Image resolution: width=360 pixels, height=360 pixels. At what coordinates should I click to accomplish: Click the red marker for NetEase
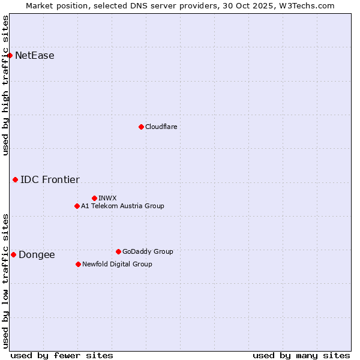10,56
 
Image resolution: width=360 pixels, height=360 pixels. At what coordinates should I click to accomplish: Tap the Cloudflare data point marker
141,127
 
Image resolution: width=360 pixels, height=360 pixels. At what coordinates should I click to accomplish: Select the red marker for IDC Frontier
15,179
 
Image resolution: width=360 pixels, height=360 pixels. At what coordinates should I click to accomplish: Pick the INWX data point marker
94,198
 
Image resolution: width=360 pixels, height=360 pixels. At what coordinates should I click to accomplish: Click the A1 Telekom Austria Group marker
77,206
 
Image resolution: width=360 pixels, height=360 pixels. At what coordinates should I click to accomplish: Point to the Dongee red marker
13,254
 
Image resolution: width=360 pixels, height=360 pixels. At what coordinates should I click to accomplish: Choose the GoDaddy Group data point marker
118,251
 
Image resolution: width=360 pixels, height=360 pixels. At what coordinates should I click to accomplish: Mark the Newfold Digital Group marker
78,264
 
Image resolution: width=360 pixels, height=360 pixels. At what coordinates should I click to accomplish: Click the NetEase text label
35,56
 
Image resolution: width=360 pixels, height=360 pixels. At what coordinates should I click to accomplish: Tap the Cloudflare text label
161,127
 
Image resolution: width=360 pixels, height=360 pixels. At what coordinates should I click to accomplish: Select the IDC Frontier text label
50,179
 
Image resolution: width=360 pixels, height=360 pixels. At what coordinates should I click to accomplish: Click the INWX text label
108,198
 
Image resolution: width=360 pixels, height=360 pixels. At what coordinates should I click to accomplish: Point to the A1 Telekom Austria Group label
122,206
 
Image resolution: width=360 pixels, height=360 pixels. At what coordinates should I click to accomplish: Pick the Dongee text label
37,254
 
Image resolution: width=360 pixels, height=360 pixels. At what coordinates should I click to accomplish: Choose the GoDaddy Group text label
148,251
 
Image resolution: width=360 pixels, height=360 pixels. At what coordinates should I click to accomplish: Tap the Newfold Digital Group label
117,264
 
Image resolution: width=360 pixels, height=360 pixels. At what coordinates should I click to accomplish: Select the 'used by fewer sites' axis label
62,355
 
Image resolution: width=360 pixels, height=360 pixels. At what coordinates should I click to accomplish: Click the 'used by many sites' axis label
301,355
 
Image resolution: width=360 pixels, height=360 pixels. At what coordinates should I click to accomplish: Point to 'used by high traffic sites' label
5,85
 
